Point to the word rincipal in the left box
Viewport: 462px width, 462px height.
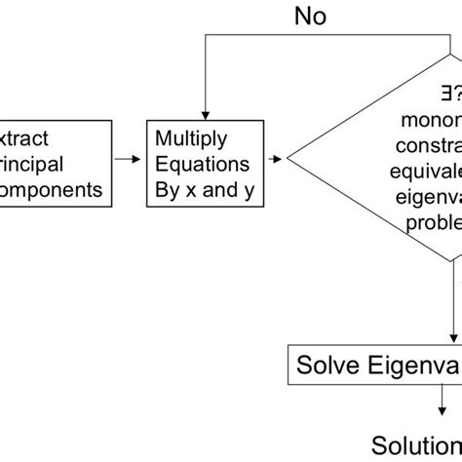click(31, 165)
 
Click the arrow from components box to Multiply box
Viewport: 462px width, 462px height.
click(127, 158)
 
